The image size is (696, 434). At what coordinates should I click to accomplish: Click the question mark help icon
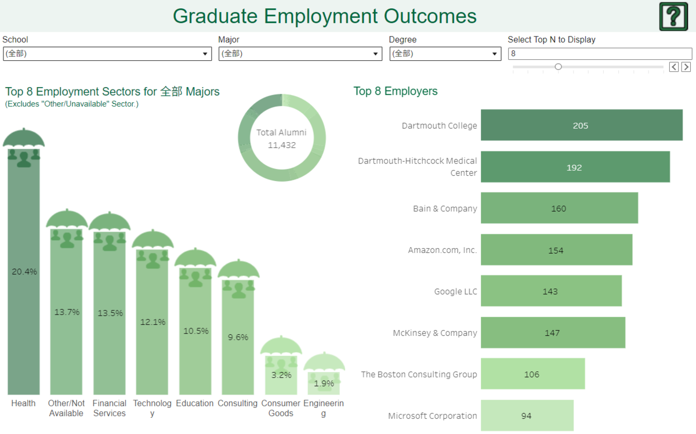(x=673, y=16)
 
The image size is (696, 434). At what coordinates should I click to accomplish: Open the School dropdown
(x=107, y=54)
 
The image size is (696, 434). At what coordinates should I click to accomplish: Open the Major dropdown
(x=300, y=54)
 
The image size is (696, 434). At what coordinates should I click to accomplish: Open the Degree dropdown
(x=445, y=54)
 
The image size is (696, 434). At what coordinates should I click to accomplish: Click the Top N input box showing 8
(x=600, y=53)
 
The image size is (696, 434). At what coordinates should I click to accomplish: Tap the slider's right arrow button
(x=686, y=67)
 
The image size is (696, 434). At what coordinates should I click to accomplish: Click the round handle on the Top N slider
(x=558, y=67)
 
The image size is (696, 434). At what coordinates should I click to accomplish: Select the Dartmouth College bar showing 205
(x=581, y=125)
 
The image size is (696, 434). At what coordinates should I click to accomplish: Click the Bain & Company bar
(x=559, y=208)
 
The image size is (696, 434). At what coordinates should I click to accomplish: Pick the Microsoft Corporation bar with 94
(x=527, y=415)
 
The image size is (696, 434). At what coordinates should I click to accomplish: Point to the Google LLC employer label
(x=455, y=291)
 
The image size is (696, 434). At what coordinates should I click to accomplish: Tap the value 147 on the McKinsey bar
(x=552, y=333)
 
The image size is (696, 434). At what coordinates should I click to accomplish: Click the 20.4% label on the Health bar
(x=24, y=272)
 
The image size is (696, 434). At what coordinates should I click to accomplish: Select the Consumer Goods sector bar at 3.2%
(x=281, y=375)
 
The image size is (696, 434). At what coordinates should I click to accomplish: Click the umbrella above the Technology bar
(x=153, y=240)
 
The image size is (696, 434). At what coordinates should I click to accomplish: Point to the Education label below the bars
(x=195, y=403)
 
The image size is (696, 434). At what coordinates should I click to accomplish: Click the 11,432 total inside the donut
(x=281, y=145)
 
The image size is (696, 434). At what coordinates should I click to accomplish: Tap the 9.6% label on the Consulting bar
(x=238, y=337)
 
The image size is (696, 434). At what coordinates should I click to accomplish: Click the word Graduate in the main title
(x=214, y=16)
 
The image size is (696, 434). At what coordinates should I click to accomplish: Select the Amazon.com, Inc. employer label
(x=442, y=250)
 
